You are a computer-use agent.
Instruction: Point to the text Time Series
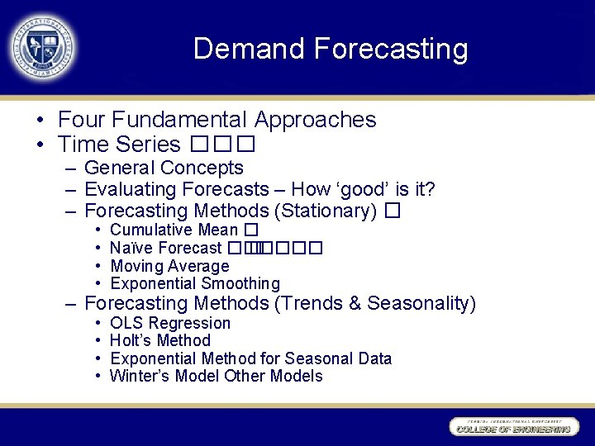(119, 145)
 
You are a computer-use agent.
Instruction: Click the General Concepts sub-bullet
(164, 168)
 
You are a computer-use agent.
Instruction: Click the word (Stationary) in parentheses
(326, 211)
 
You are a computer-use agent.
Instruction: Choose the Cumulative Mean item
(174, 230)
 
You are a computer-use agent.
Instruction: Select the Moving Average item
(169, 266)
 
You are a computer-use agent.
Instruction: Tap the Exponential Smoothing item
(195, 283)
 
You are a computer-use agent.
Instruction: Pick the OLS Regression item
(170, 323)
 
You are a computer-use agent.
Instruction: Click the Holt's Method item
(160, 340)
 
